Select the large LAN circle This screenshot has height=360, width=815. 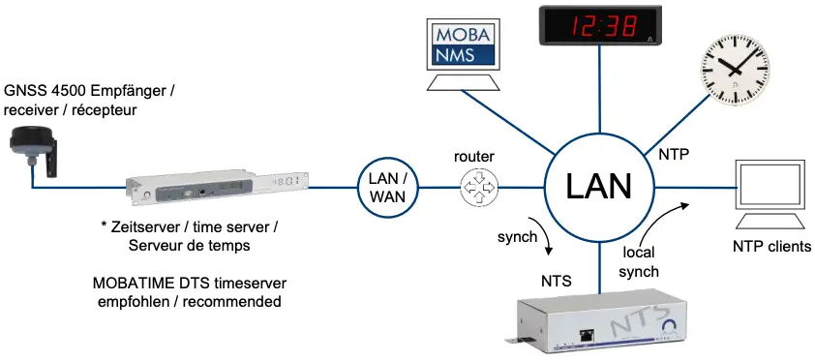point(599,184)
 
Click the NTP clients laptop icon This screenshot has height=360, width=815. point(766,189)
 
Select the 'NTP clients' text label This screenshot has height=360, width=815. point(770,247)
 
